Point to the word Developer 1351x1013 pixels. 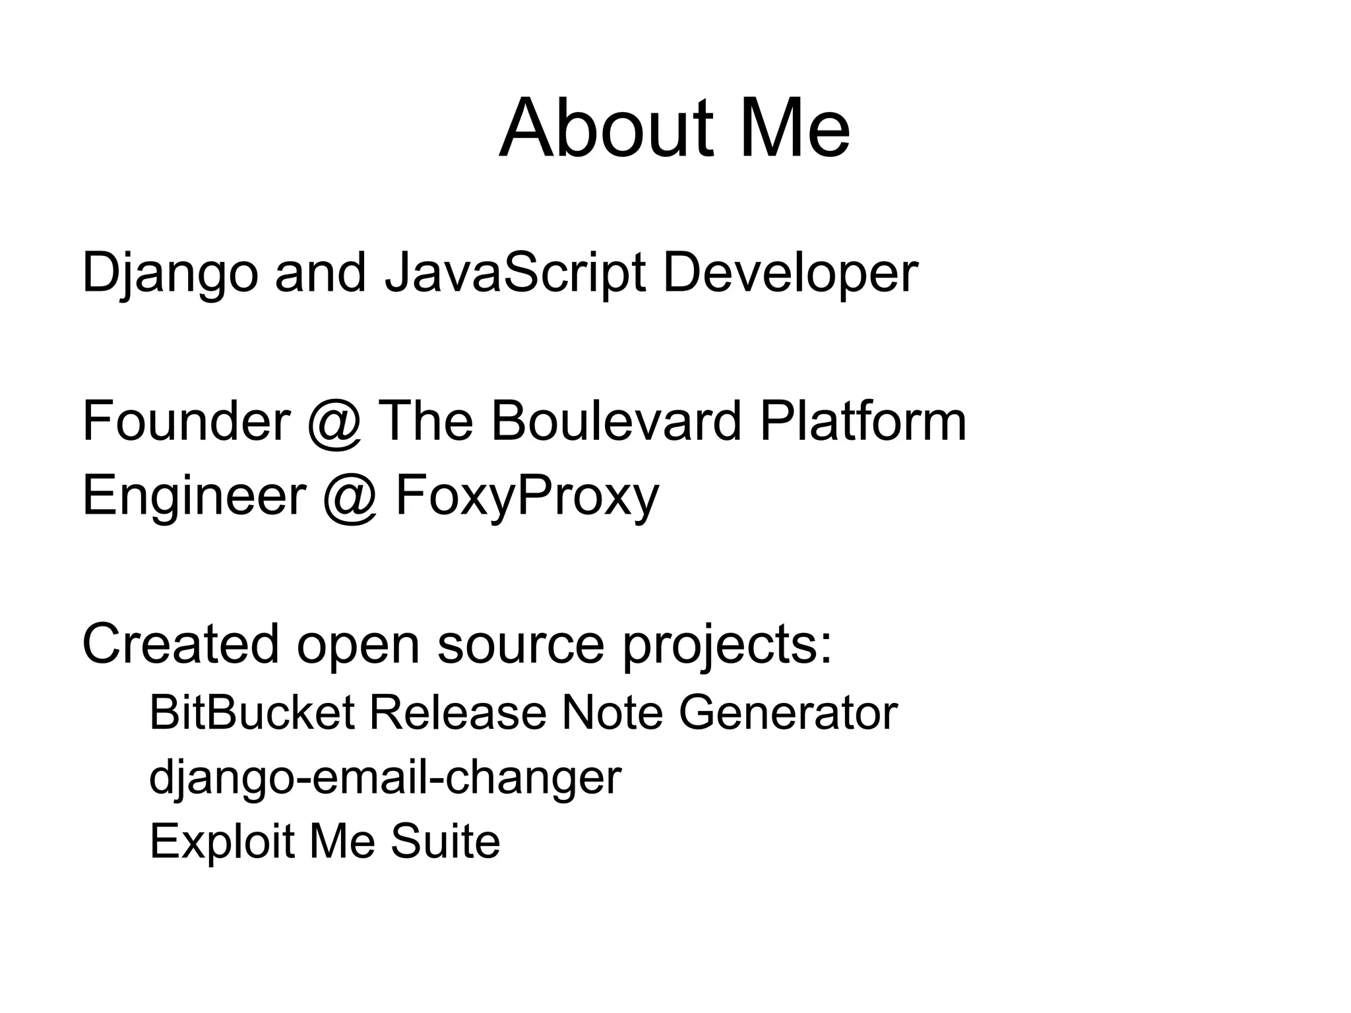pyautogui.click(x=790, y=274)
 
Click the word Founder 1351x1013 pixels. pyautogui.click(x=186, y=421)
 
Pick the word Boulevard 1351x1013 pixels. pyautogui.click(x=616, y=421)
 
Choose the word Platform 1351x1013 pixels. pyautogui.click(x=863, y=421)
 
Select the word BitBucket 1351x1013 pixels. pyautogui.click(x=252, y=713)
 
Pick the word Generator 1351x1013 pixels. pyautogui.click(x=788, y=713)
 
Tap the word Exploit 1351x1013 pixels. pyautogui.click(x=222, y=842)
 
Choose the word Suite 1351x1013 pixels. pyautogui.click(x=445, y=841)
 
